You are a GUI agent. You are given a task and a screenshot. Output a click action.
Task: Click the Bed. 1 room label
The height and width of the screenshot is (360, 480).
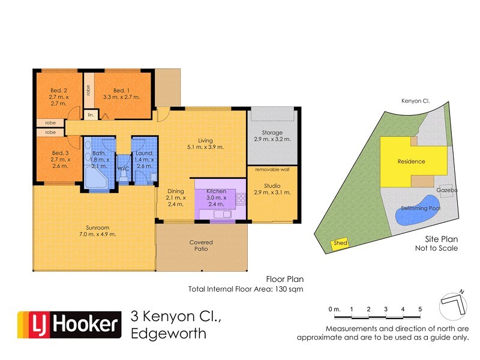click(121, 92)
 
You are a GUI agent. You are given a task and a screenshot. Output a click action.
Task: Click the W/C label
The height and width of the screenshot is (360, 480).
click(124, 169)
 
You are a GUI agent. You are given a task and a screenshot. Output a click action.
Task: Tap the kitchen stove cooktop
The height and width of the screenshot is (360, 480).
click(241, 197)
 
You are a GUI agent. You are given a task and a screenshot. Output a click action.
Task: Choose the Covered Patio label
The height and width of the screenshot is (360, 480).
click(201, 245)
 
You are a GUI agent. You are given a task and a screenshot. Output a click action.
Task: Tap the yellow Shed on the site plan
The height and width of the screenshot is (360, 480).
click(340, 243)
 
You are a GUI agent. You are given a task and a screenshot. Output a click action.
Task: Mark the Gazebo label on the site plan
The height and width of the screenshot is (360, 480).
click(447, 190)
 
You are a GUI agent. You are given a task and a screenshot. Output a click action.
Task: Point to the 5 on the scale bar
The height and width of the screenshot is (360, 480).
click(420, 308)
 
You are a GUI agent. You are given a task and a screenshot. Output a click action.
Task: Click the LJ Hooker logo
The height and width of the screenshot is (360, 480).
click(68, 325)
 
